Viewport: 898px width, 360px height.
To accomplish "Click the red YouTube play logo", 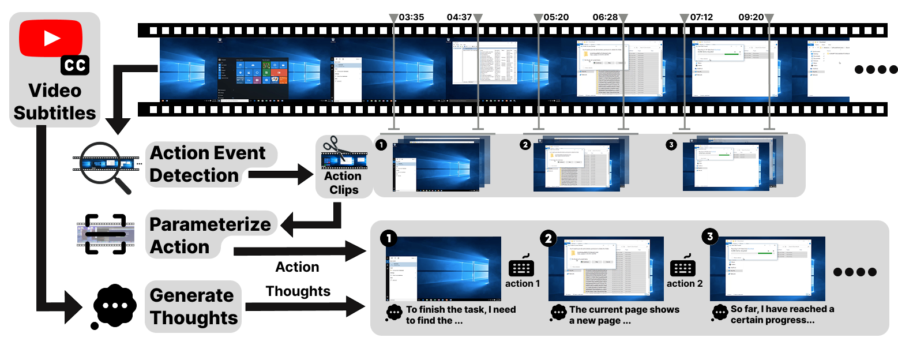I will tap(51, 38).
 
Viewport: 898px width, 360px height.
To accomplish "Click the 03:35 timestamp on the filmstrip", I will tap(411, 17).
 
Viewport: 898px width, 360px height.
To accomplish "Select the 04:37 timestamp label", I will tap(459, 17).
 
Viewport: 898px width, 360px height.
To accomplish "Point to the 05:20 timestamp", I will tap(556, 17).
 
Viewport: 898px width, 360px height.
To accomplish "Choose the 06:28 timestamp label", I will tap(604, 17).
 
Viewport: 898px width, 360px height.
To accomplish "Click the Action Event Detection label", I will tap(208, 164).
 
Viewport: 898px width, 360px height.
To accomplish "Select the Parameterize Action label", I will tap(210, 235).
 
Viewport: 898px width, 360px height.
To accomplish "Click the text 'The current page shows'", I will tap(624, 310).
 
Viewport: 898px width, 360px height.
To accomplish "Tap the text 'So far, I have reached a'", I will tap(782, 310).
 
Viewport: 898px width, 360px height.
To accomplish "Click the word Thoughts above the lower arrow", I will tap(298, 291).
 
